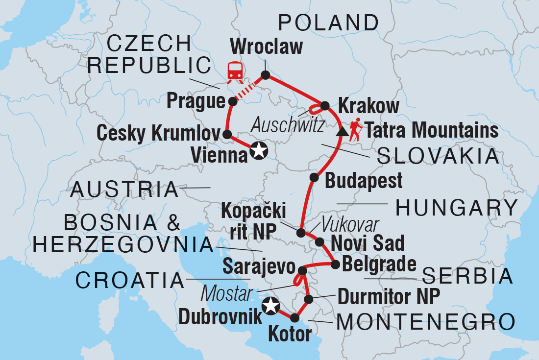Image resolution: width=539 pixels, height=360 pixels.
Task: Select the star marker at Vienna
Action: tap(258, 151)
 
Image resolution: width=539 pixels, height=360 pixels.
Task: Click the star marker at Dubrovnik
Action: tap(270, 306)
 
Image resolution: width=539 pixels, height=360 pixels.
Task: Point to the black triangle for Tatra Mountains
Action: tap(342, 132)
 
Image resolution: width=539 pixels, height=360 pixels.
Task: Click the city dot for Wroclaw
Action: tap(265, 75)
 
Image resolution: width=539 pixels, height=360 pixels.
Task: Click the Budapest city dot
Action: tap(313, 177)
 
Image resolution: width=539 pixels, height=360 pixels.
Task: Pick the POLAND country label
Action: tap(328, 23)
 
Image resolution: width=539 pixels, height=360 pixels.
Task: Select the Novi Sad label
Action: tap(368, 242)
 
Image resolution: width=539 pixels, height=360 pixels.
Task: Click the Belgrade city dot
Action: tap(336, 264)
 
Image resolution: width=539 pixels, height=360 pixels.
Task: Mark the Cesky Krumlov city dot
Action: tap(227, 134)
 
